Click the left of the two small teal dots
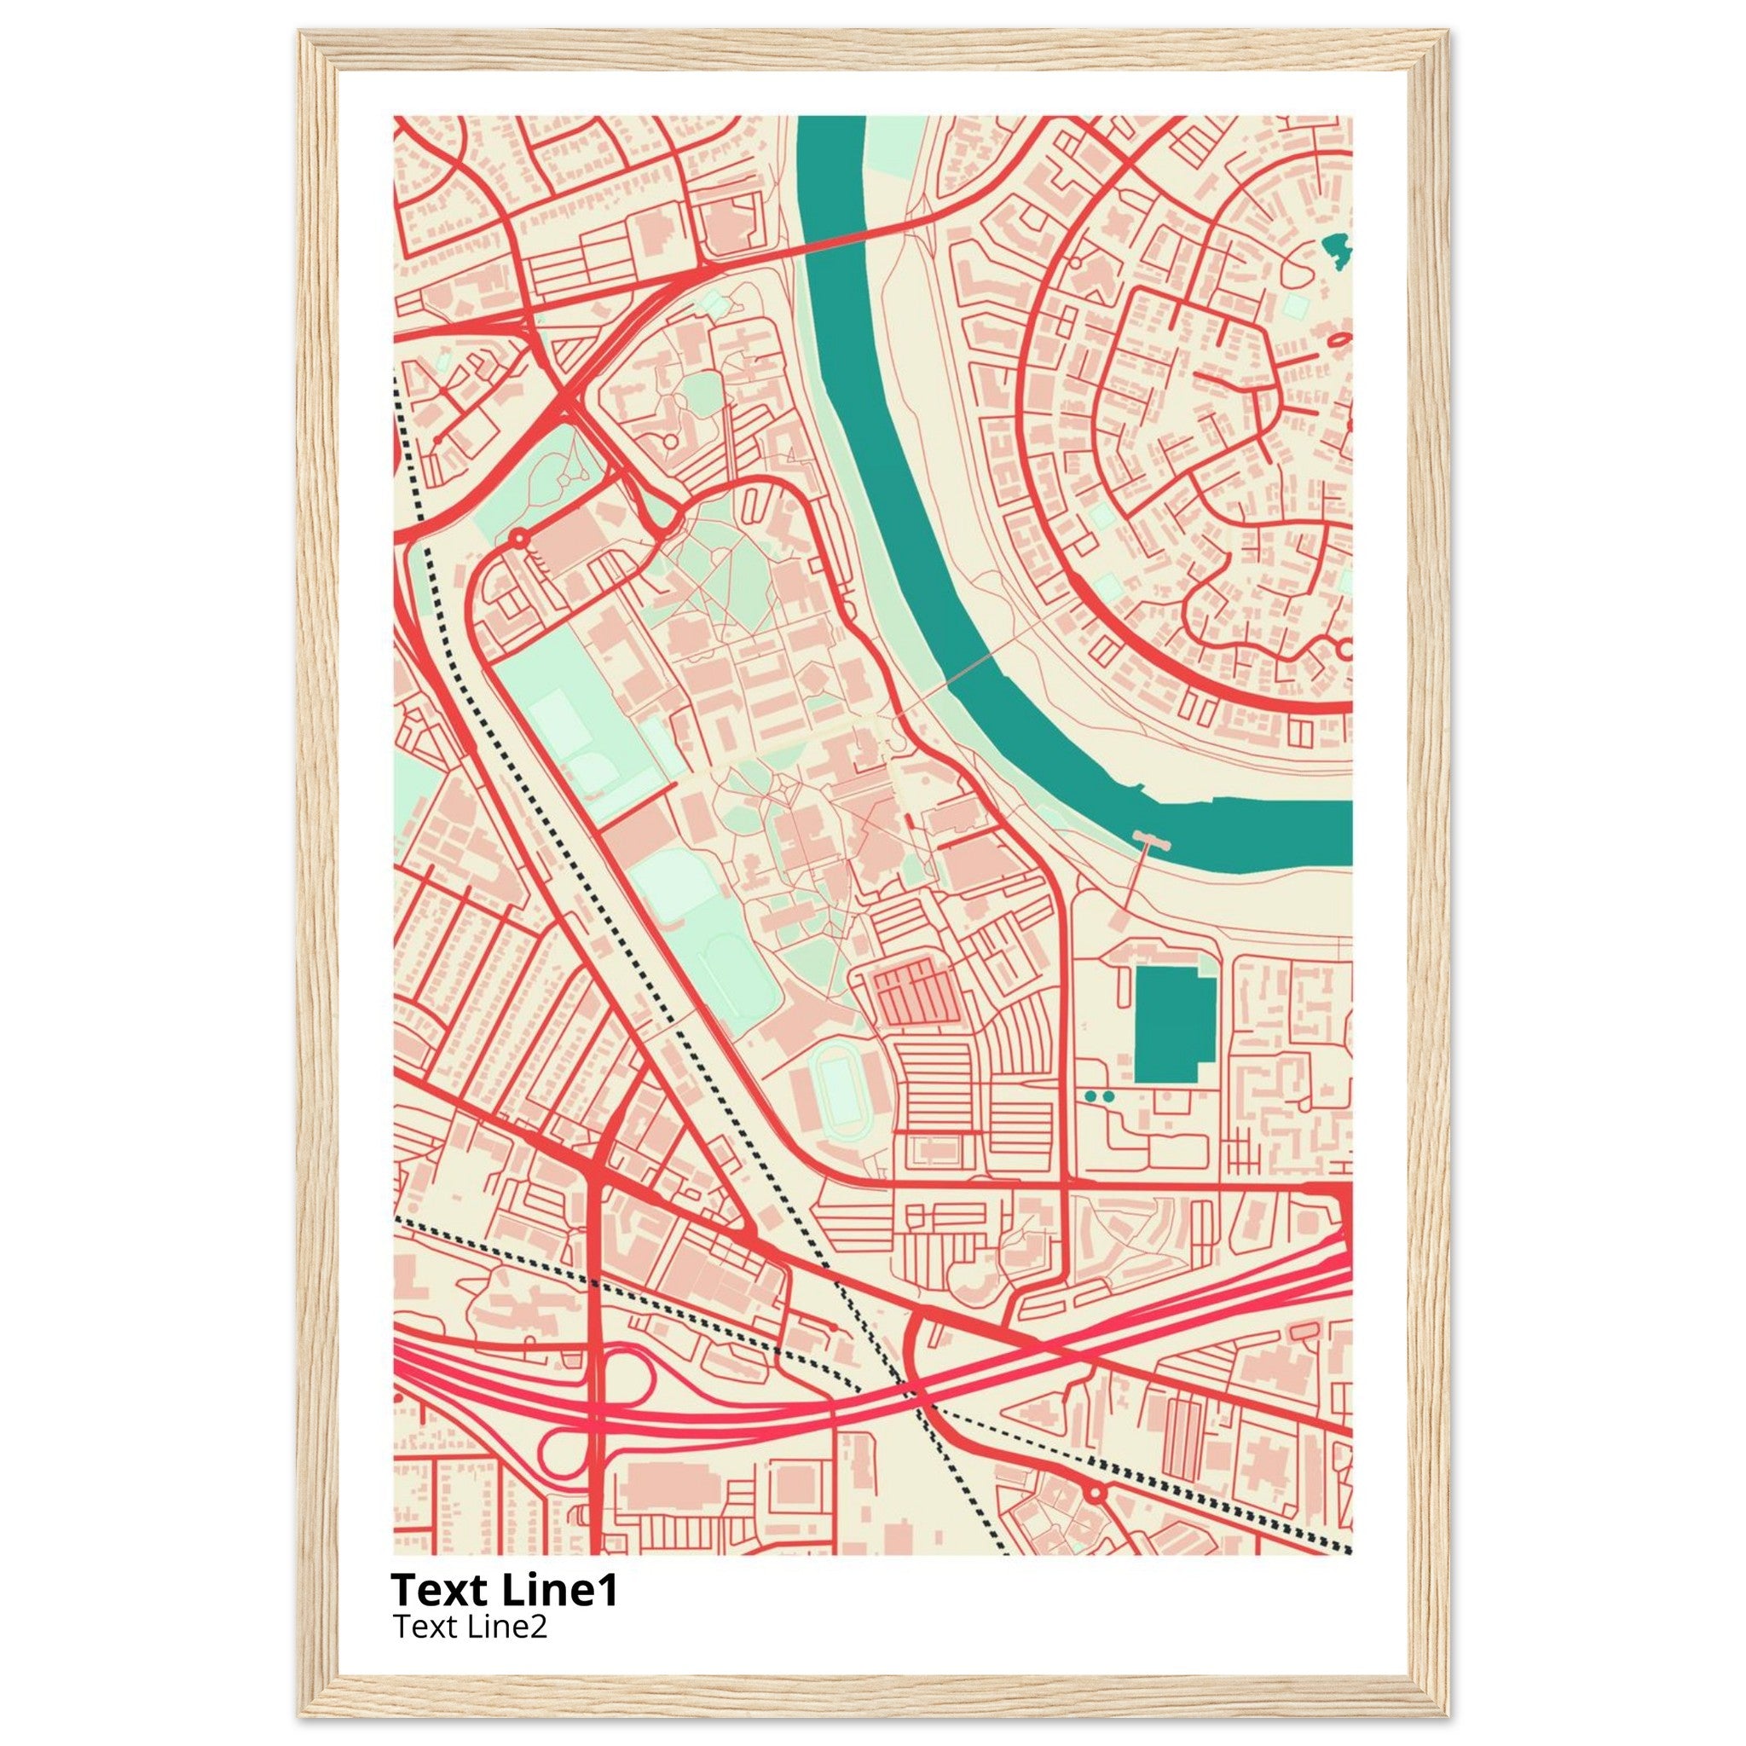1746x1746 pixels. pos(1090,1096)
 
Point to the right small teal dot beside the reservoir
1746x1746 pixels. pos(1109,1096)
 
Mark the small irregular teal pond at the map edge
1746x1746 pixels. pos(1336,246)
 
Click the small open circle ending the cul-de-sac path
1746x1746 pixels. pos(669,441)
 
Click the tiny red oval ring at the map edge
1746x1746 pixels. pos(1339,339)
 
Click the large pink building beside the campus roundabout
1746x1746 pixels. pos(565,542)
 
